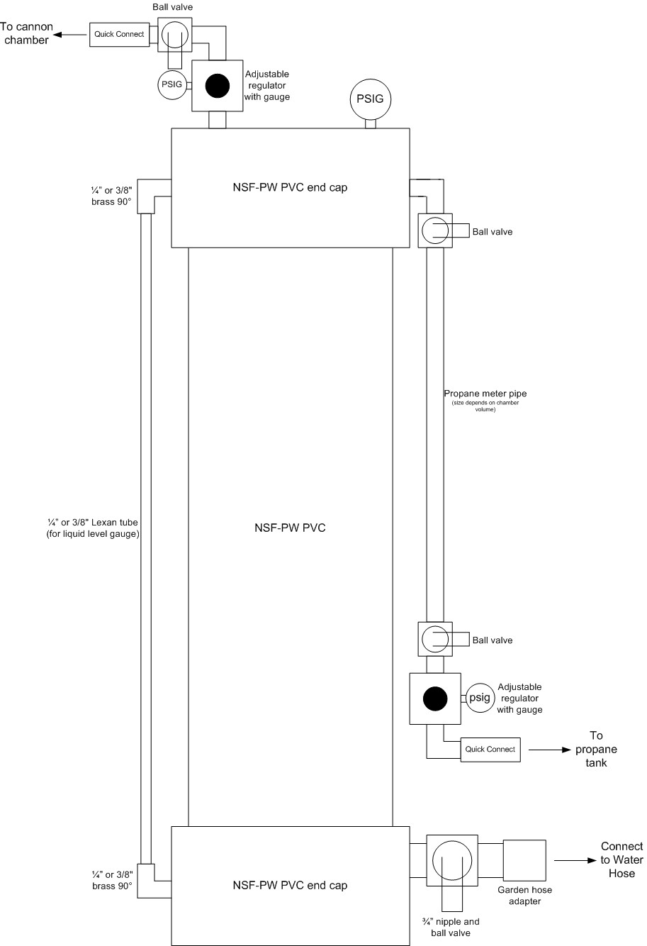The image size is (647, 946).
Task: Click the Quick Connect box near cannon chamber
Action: pyautogui.click(x=120, y=34)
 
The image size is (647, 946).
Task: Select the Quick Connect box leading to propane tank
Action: pyautogui.click(x=490, y=750)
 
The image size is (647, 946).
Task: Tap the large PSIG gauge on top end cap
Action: pyautogui.click(x=370, y=99)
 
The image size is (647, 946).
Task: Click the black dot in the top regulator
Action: pyautogui.click(x=218, y=86)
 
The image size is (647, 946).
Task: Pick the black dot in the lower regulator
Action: pyautogui.click(x=435, y=699)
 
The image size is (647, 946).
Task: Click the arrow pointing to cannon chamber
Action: pyautogui.click(x=72, y=34)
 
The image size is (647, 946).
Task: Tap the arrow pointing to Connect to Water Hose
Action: pyautogui.click(x=573, y=861)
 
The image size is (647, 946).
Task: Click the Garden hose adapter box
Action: pyautogui.click(x=524, y=862)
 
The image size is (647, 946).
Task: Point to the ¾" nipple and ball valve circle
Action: pyautogui.click(x=452, y=861)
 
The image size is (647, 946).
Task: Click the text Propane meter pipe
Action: pyautogui.click(x=485, y=394)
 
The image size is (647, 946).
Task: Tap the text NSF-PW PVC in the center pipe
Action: pyautogui.click(x=290, y=528)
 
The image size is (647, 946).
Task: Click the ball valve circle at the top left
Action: pyautogui.click(x=174, y=34)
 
